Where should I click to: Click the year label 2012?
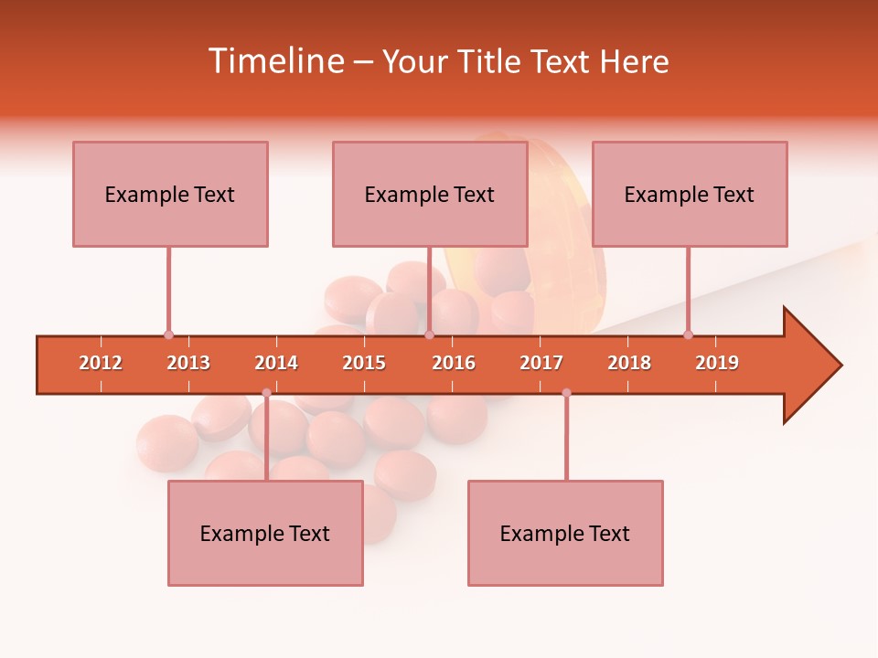[101, 363]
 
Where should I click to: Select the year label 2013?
[188, 363]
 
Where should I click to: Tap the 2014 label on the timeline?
[276, 363]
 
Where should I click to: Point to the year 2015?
[364, 363]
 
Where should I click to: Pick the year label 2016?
[454, 363]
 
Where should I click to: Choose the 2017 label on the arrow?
[541, 363]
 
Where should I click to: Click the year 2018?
[629, 363]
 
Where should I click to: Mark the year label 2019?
[717, 363]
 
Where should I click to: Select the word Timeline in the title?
[276, 61]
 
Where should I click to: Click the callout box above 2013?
[170, 194]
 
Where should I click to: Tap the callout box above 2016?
[430, 194]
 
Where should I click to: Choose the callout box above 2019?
[690, 194]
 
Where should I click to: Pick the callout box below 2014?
[265, 533]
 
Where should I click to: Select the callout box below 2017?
[565, 533]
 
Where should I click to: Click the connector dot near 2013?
[168, 335]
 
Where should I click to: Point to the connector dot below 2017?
[566, 393]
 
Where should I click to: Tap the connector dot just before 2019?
[688, 335]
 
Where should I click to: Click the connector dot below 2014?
[266, 393]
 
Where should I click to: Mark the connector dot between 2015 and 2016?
[429, 335]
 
